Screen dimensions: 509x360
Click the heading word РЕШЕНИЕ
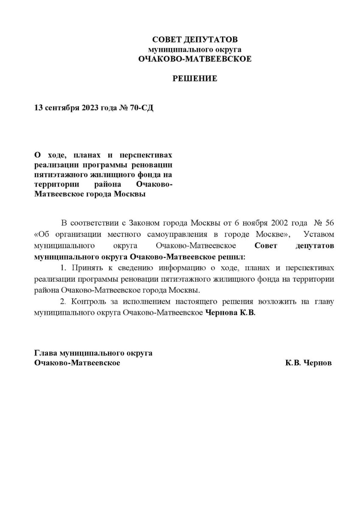194,78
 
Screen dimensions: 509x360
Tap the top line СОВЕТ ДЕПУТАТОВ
195,40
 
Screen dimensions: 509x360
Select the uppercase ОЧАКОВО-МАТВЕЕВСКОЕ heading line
195,59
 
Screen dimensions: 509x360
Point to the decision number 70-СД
142,108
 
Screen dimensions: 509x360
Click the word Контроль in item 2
88,302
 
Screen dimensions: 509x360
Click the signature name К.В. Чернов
309,363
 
